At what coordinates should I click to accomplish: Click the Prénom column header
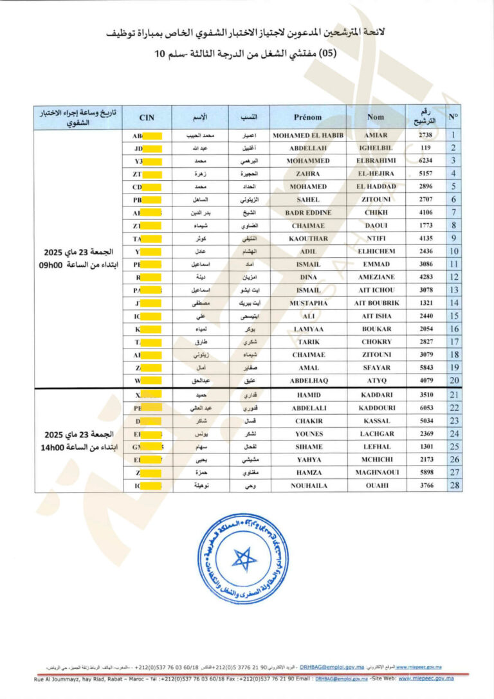(307, 118)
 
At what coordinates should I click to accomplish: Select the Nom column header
(376, 118)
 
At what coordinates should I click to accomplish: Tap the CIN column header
(147, 118)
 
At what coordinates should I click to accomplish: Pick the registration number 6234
(426, 161)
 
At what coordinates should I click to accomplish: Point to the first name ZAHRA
(308, 174)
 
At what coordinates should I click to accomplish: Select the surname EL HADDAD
(376, 186)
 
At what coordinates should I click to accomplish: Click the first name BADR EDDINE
(308, 212)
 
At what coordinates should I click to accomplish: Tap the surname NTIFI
(376, 239)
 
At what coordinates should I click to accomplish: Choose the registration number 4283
(426, 277)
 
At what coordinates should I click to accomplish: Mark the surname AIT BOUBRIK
(376, 303)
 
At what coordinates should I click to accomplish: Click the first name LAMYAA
(308, 329)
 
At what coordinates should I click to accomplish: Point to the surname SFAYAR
(376, 367)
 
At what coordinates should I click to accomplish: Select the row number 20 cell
(454, 380)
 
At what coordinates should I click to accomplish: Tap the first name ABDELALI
(308, 408)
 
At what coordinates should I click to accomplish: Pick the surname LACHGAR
(376, 433)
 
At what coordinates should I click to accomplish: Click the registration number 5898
(426, 472)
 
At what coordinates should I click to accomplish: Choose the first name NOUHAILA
(308, 486)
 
